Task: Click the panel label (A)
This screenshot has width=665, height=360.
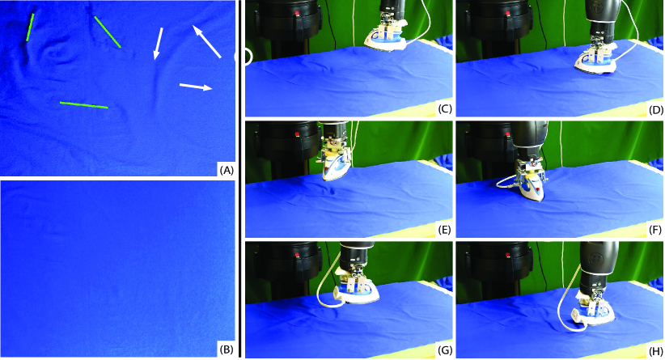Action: click(x=227, y=171)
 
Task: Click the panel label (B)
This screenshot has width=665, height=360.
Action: click(x=227, y=349)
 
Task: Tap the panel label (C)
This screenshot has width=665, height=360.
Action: click(x=445, y=109)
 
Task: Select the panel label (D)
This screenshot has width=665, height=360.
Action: click(x=655, y=109)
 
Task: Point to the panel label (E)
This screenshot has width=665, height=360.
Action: click(x=445, y=231)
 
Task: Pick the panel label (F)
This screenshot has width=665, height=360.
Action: click(x=655, y=231)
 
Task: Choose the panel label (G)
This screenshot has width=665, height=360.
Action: click(x=445, y=350)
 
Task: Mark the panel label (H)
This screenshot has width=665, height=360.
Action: click(x=655, y=350)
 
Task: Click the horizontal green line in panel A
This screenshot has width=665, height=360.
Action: click(x=84, y=105)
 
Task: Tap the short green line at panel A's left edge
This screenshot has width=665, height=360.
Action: click(x=30, y=28)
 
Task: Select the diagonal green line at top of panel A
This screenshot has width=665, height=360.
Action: click(x=108, y=32)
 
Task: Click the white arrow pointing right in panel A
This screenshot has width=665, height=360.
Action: click(x=196, y=87)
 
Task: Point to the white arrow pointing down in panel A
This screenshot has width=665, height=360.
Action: click(x=158, y=43)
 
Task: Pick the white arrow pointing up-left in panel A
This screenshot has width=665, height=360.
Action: click(x=206, y=41)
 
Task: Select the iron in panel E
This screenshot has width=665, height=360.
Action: click(x=335, y=165)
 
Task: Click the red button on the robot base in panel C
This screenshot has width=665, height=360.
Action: click(x=296, y=15)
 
